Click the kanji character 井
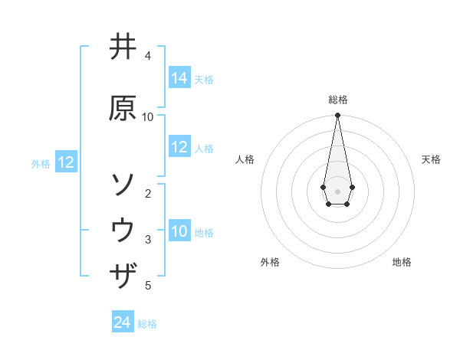[123, 47]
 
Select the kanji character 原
[123, 108]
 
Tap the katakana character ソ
[123, 185]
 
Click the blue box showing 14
[179, 78]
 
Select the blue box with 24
[123, 323]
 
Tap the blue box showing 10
[179, 231]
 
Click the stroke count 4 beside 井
[148, 56]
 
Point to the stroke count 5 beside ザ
[148, 286]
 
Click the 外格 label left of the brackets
[41, 163]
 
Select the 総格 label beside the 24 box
[147, 324]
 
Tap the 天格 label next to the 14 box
[204, 79]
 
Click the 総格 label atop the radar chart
[337, 100]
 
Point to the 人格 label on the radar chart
[245, 159]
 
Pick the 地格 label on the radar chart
[402, 262]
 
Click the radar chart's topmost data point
[337, 116]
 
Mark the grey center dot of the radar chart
[337, 190]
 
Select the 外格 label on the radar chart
[270, 262]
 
